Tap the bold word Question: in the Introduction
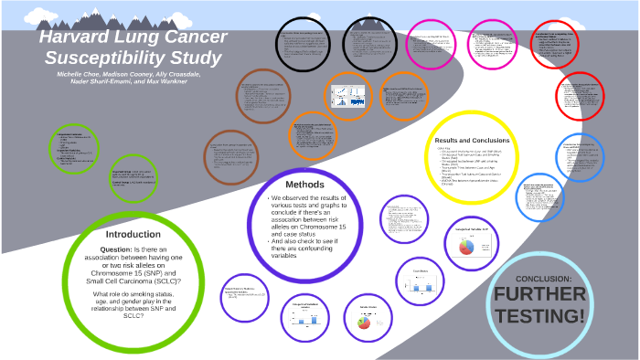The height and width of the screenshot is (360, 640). point(115,249)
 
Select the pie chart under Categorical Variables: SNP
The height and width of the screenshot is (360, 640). point(465,247)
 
